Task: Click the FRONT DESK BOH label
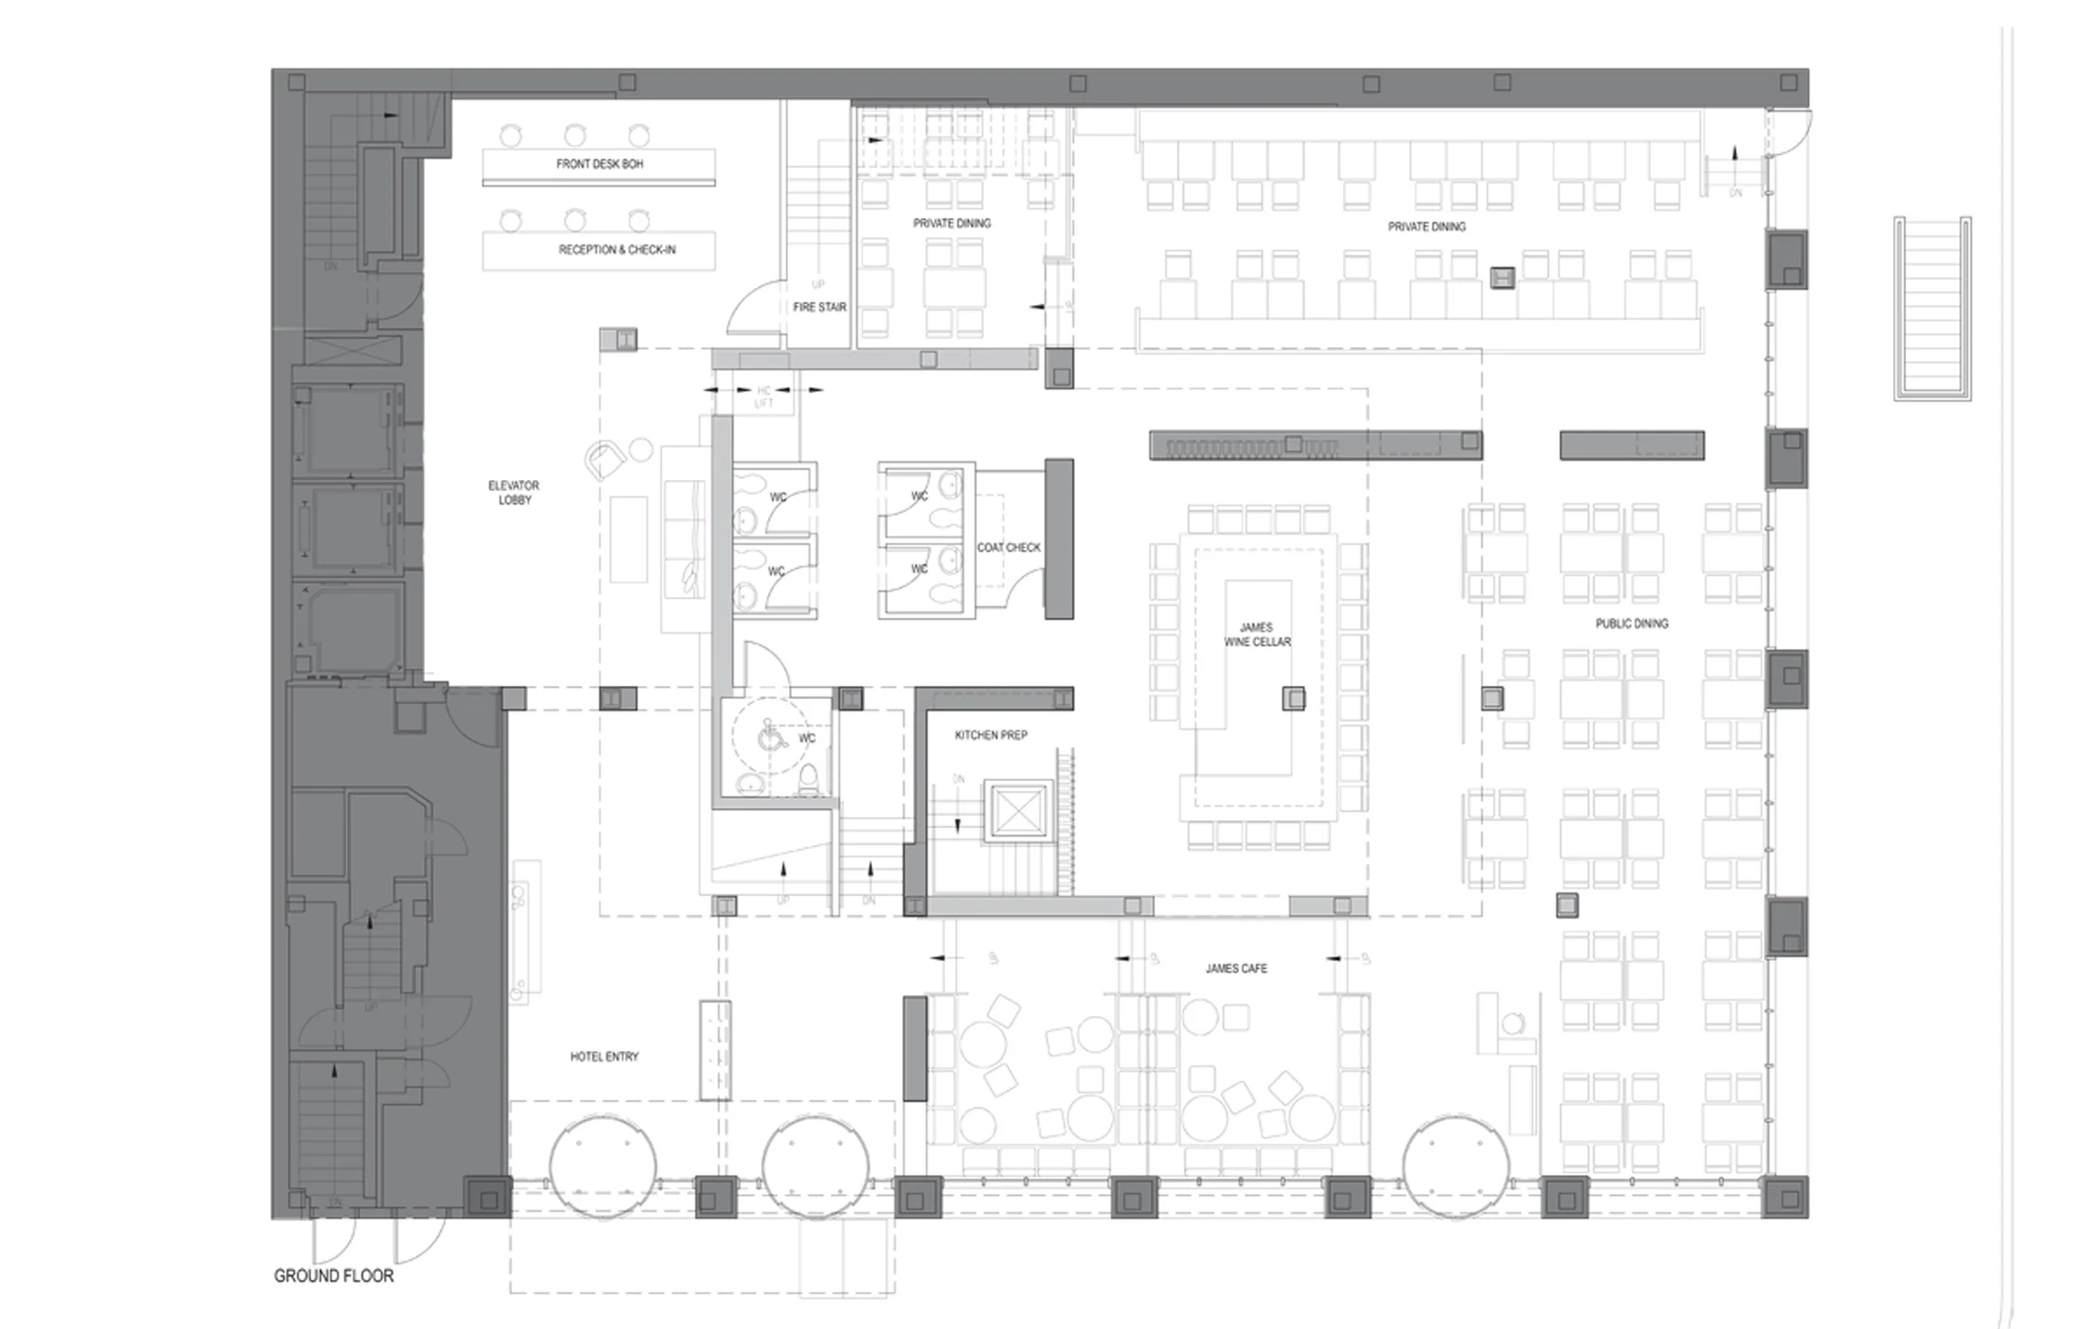599,164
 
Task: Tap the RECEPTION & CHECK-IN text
617,250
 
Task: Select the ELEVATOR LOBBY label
514,493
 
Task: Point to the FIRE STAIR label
819,307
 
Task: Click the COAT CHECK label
1009,547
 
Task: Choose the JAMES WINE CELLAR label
1257,635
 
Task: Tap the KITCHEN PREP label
990,736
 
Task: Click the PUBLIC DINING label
1631,624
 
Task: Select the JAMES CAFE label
1236,969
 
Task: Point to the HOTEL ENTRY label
604,1057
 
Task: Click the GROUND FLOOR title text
333,1276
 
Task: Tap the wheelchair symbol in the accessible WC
769,737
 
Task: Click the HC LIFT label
763,397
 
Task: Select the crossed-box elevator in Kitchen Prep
1017,813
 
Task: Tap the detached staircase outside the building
1932,309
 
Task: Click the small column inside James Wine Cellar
1294,700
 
